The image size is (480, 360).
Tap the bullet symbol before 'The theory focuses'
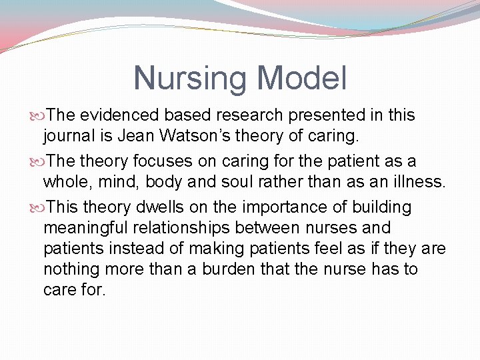click(39, 161)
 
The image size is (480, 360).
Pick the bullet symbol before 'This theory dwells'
click(39, 207)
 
